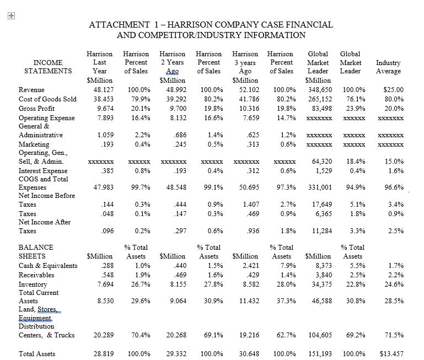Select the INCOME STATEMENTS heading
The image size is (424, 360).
pyautogui.click(x=48, y=67)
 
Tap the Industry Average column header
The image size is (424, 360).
pyautogui.click(x=388, y=67)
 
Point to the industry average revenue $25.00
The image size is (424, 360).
pyautogui.click(x=393, y=89)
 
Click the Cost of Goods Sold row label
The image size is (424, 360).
pyautogui.click(x=47, y=99)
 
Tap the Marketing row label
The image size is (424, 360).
pyautogui.click(x=34, y=144)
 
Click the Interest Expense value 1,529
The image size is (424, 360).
pyautogui.click(x=323, y=171)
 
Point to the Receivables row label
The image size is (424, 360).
pyautogui.click(x=36, y=275)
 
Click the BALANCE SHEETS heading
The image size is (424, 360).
pyautogui.click(x=36, y=252)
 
